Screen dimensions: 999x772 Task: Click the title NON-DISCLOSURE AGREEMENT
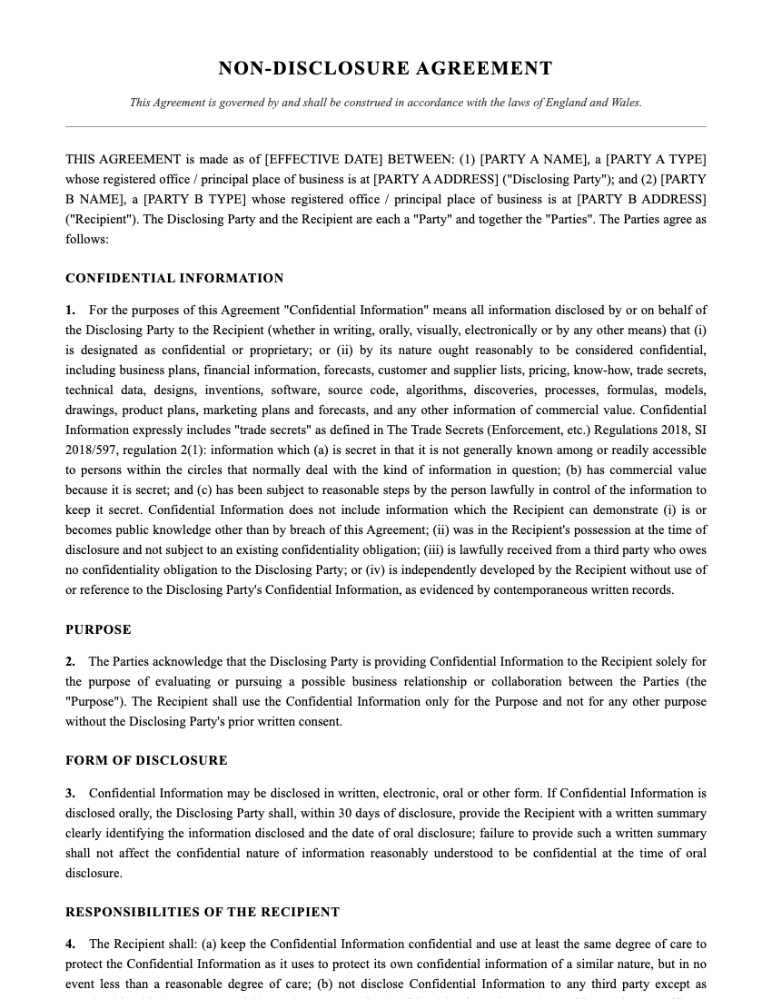coord(385,69)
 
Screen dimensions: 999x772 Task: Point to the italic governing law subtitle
coord(385,103)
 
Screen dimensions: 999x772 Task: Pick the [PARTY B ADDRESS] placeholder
coord(641,200)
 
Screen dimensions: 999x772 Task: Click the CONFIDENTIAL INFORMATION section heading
coord(174,279)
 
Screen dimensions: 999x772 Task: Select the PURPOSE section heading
coord(98,630)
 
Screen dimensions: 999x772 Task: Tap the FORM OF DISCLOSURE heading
coord(146,761)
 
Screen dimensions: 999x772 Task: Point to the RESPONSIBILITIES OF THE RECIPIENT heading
coord(203,913)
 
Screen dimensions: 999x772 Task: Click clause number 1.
coord(70,311)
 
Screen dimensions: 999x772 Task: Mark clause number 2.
coord(70,662)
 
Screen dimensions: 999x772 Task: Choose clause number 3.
coord(70,794)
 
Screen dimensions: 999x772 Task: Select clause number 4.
coord(70,945)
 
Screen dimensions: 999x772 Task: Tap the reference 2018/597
coord(89,450)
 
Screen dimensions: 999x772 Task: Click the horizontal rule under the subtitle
coord(385,126)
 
